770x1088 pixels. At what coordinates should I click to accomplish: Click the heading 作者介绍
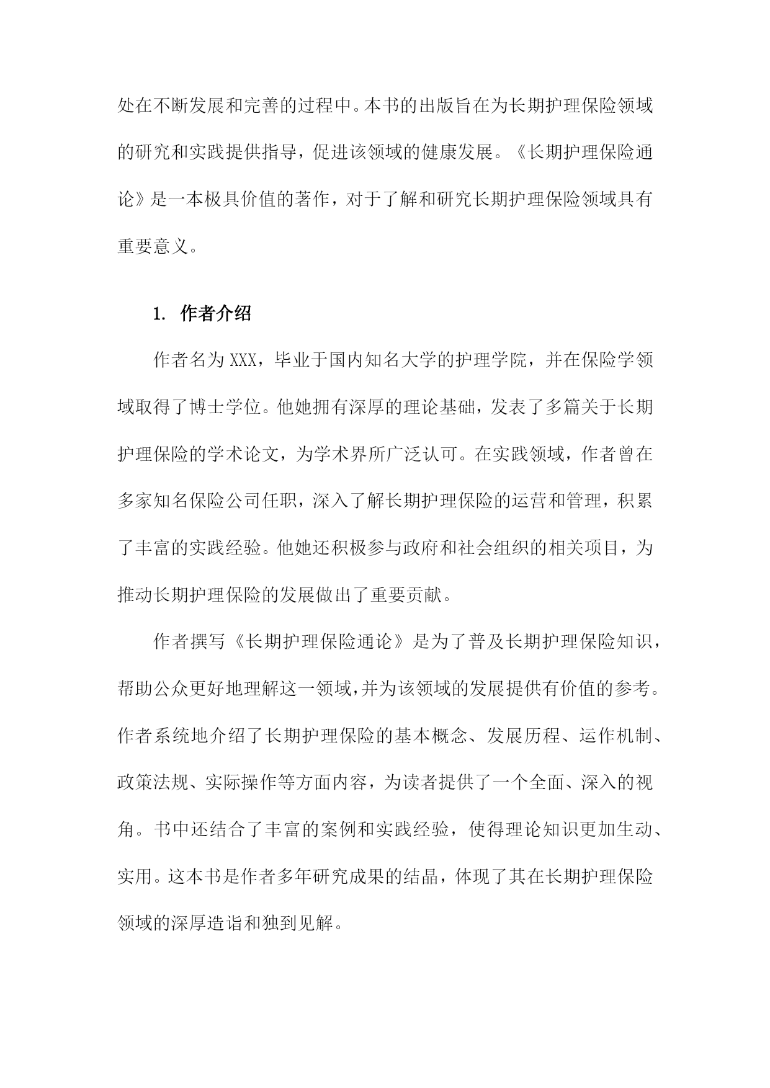pyautogui.click(x=215, y=313)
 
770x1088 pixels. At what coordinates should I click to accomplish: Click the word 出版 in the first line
pyautogui.click(x=445, y=106)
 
